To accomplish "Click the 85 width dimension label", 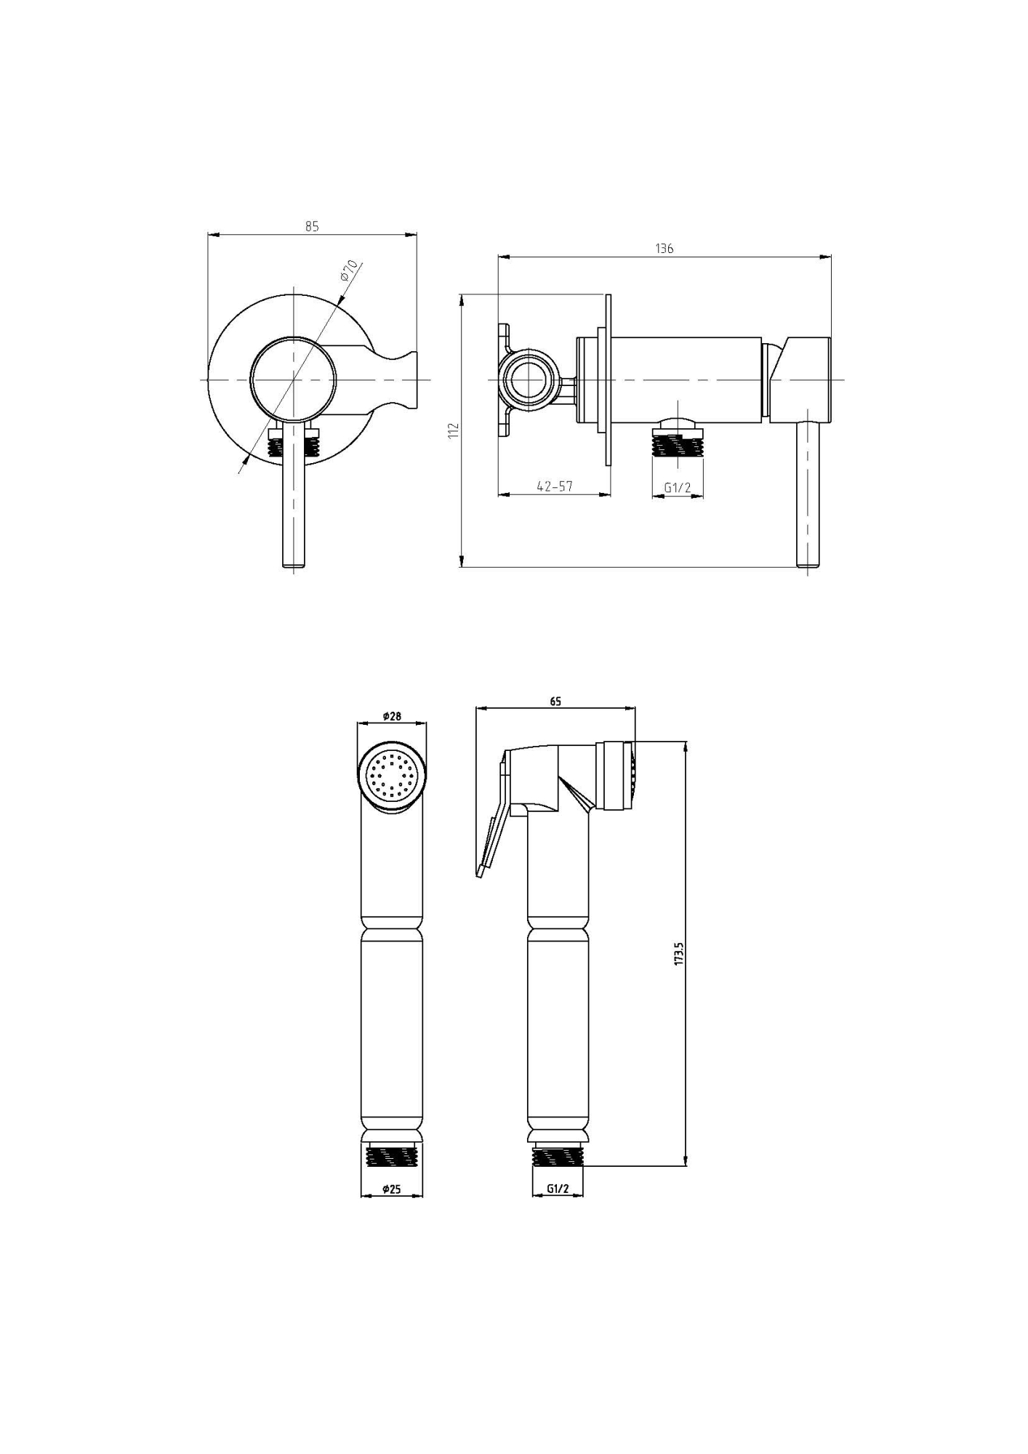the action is pos(312,226).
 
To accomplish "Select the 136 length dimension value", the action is pos(664,248).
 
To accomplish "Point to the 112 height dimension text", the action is pos(454,430).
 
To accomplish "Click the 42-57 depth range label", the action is pos(555,486).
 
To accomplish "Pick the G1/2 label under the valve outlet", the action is pos(677,487).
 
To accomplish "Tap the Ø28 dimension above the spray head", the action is pos(392,716).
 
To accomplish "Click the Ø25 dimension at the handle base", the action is pos(392,1189).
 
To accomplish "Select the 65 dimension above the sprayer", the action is pos(555,702).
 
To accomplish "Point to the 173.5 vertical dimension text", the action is pos(679,953).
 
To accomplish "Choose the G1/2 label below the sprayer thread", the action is pos(558,1189).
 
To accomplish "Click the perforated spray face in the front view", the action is pos(393,773).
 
